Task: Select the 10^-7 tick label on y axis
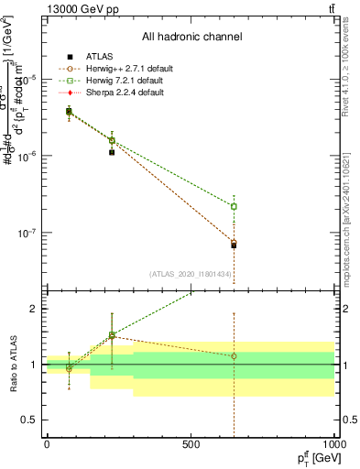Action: [x=25, y=233]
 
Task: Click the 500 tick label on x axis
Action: [x=191, y=443]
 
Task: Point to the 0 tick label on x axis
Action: [x=47, y=443]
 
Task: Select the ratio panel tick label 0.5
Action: [x=28, y=420]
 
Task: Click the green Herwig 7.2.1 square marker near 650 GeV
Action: [x=234, y=206]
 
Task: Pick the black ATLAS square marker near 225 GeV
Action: [x=112, y=152]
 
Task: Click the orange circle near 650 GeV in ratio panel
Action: [x=234, y=355]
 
